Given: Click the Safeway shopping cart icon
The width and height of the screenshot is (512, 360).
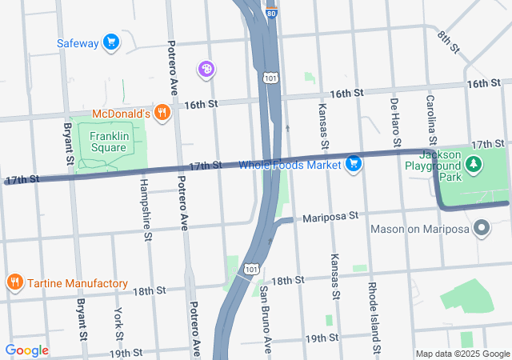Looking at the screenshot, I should point(110,42).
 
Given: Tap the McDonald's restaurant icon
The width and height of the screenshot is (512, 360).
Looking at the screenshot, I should point(162,113).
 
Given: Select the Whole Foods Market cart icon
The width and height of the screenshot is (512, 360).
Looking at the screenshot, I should point(354,165).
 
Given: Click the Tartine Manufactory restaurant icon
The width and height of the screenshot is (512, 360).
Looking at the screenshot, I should point(14,282).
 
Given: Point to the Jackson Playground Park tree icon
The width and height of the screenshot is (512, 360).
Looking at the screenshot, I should point(475,164).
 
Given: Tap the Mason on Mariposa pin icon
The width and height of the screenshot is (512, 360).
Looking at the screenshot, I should point(482,230).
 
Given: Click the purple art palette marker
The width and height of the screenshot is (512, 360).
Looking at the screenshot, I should point(206,70).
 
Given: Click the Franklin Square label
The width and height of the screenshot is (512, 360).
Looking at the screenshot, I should point(108,142).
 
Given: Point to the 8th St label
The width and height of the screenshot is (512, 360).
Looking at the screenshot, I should point(449,42).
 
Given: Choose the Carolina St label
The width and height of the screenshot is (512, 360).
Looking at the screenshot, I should point(431,116).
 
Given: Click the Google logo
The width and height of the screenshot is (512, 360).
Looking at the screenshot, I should point(26,350).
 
